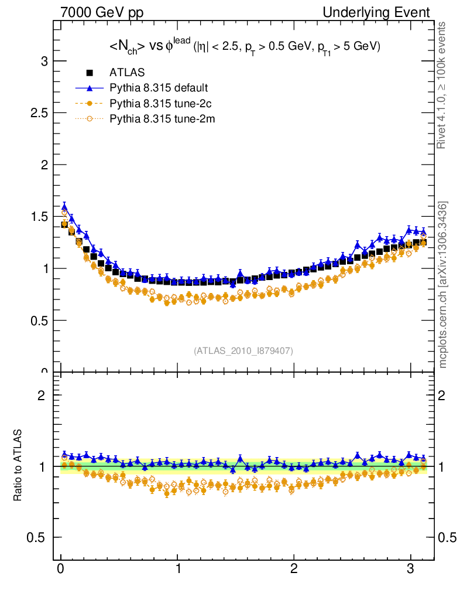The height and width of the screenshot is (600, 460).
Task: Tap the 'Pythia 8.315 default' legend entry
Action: point(159,88)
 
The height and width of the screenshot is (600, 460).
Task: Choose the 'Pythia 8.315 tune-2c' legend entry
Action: point(159,104)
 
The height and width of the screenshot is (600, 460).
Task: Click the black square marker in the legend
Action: point(90,73)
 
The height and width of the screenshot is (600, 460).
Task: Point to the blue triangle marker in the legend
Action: point(90,88)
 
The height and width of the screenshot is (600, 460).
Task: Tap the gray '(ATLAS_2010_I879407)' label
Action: point(243,351)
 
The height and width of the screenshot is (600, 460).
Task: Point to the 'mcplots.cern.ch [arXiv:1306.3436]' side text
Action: point(443,285)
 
